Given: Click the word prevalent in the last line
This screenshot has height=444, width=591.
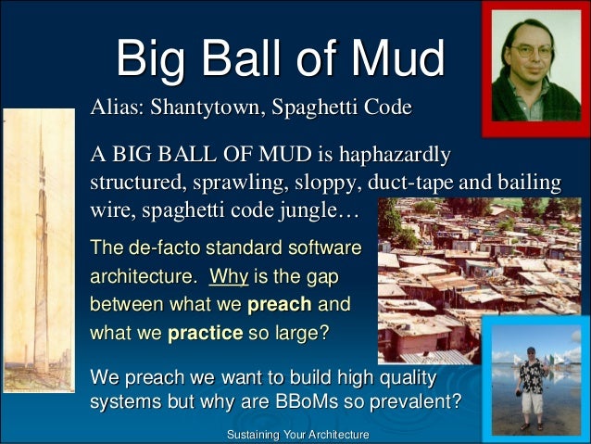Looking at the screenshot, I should [x=422, y=404].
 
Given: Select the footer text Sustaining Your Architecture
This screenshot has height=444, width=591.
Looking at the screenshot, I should [x=297, y=435].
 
